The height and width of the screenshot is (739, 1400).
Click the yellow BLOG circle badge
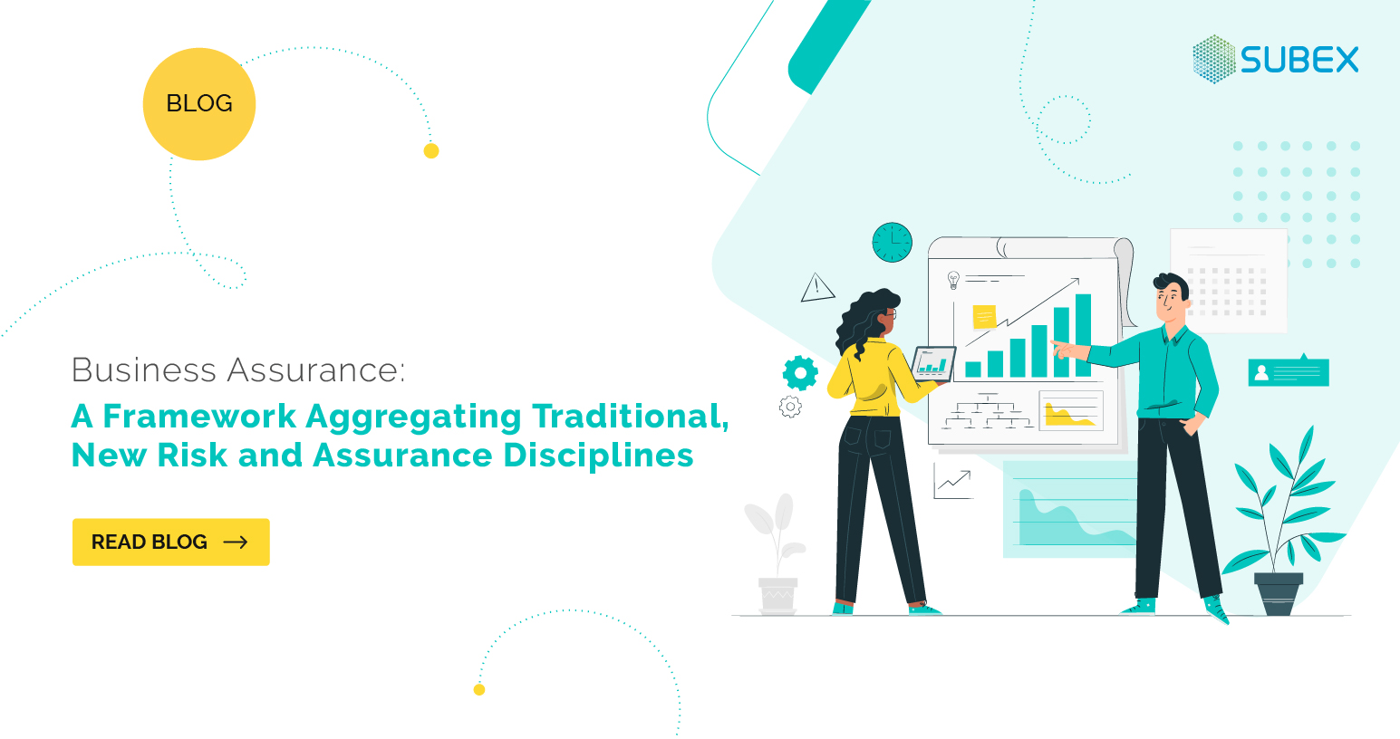pos(199,104)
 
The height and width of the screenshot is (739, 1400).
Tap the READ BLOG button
pos(170,542)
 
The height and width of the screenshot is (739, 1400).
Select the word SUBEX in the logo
pos(1299,60)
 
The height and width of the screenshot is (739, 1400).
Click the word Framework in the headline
pos(199,417)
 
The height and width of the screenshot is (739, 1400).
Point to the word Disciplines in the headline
pos(598,455)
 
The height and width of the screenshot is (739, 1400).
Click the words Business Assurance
pos(237,369)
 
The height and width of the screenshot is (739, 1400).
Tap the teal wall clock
pos(892,243)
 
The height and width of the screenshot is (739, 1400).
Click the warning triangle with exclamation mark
pos(817,288)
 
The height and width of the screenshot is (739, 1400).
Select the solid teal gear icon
pos(800,372)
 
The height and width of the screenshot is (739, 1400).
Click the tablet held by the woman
pos(933,364)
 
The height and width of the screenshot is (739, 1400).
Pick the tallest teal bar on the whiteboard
pos(1083,335)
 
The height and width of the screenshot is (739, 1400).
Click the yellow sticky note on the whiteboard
pos(983,317)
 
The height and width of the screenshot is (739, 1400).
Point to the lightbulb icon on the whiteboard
pos(952,280)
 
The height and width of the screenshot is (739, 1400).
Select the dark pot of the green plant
pos(1279,593)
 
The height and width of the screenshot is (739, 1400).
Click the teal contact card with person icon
pos(1288,372)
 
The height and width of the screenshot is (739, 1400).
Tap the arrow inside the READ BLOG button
pos(236,542)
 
